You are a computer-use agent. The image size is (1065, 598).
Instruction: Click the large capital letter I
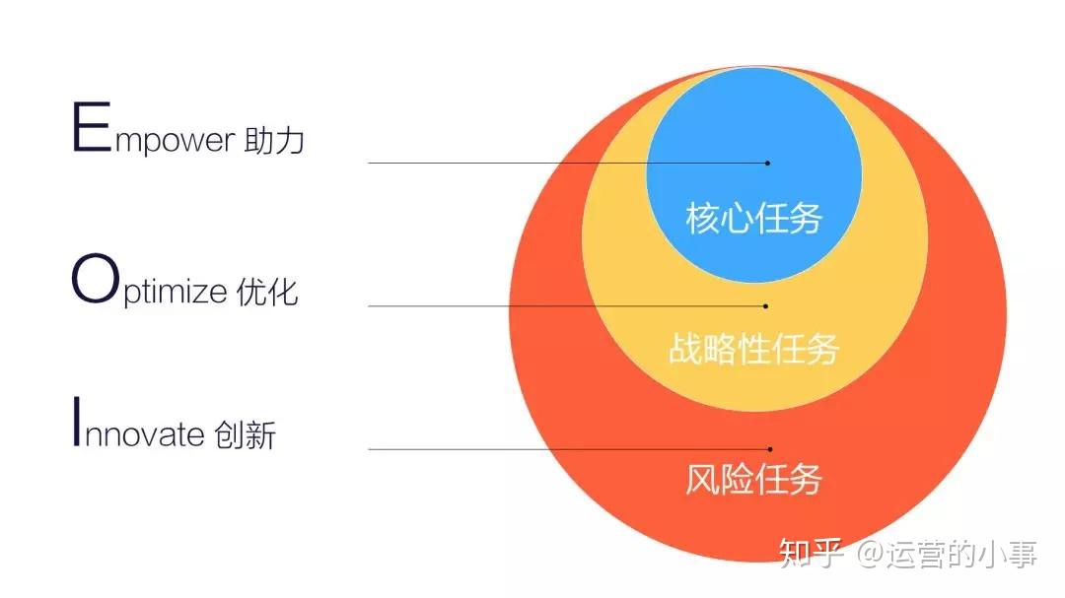click(x=76, y=423)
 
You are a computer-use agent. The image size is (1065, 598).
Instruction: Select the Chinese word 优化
click(x=267, y=293)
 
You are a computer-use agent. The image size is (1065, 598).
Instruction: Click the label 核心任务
click(x=753, y=218)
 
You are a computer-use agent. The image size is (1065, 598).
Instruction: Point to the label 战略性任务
click(x=753, y=349)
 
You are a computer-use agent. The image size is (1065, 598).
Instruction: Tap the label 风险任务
click(x=753, y=480)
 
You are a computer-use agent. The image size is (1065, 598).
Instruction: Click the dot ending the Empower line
click(x=767, y=163)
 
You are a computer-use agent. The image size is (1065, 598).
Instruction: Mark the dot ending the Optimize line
click(x=765, y=305)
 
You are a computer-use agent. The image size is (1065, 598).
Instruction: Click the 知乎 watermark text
click(x=812, y=556)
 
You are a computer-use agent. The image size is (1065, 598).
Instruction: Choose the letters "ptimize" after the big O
click(x=174, y=294)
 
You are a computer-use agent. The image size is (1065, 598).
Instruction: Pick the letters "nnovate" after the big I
click(x=144, y=435)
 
